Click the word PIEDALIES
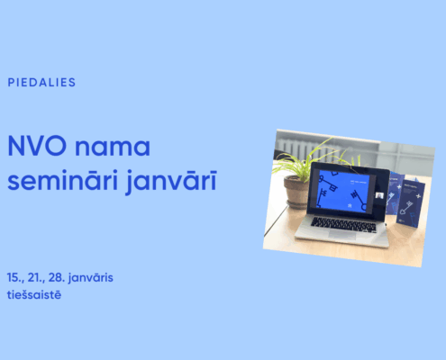(41, 82)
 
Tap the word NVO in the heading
(37, 146)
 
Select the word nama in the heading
(113, 148)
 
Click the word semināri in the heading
(62, 180)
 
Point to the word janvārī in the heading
(171, 182)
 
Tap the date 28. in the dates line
(57, 277)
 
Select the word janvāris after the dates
(91, 278)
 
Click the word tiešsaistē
(34, 294)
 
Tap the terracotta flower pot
(296, 192)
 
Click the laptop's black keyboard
(343, 224)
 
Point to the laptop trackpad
(342, 235)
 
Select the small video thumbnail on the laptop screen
(379, 195)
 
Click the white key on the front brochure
(407, 207)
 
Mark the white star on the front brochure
(419, 196)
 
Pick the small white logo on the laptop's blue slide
(350, 206)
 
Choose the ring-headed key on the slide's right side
(359, 200)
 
